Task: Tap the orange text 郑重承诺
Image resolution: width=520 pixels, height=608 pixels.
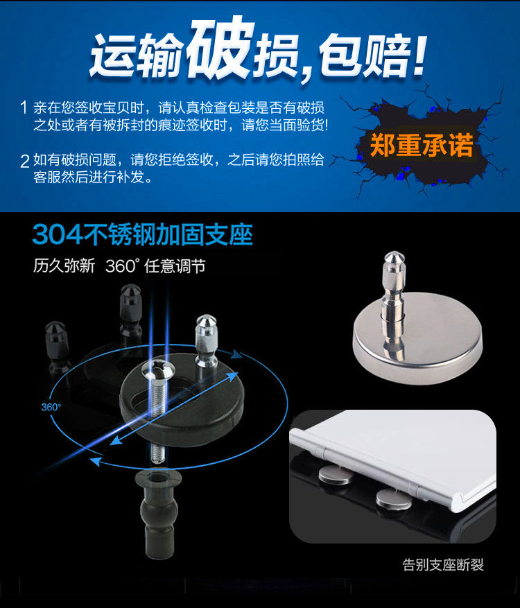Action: click(x=422, y=145)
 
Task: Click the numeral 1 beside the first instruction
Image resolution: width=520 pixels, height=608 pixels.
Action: click(x=24, y=107)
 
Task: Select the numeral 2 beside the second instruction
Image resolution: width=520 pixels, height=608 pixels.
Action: click(x=24, y=161)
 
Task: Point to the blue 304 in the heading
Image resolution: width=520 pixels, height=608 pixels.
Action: click(x=58, y=234)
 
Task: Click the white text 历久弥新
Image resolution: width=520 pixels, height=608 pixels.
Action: click(x=64, y=266)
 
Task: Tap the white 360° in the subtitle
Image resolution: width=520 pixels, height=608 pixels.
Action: click(x=122, y=266)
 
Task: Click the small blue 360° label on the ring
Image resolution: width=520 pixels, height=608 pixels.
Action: click(x=51, y=407)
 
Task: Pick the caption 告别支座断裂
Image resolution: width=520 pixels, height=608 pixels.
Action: click(x=443, y=564)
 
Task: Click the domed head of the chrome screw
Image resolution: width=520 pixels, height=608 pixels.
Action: click(x=158, y=369)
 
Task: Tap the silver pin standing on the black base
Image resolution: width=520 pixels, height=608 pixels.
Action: click(x=206, y=340)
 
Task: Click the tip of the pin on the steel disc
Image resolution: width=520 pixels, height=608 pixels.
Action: click(x=395, y=253)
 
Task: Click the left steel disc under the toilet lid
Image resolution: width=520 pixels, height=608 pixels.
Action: click(x=335, y=475)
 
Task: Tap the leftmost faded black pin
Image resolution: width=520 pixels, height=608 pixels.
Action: click(x=58, y=347)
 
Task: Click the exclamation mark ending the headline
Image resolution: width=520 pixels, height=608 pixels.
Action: click(x=420, y=54)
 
